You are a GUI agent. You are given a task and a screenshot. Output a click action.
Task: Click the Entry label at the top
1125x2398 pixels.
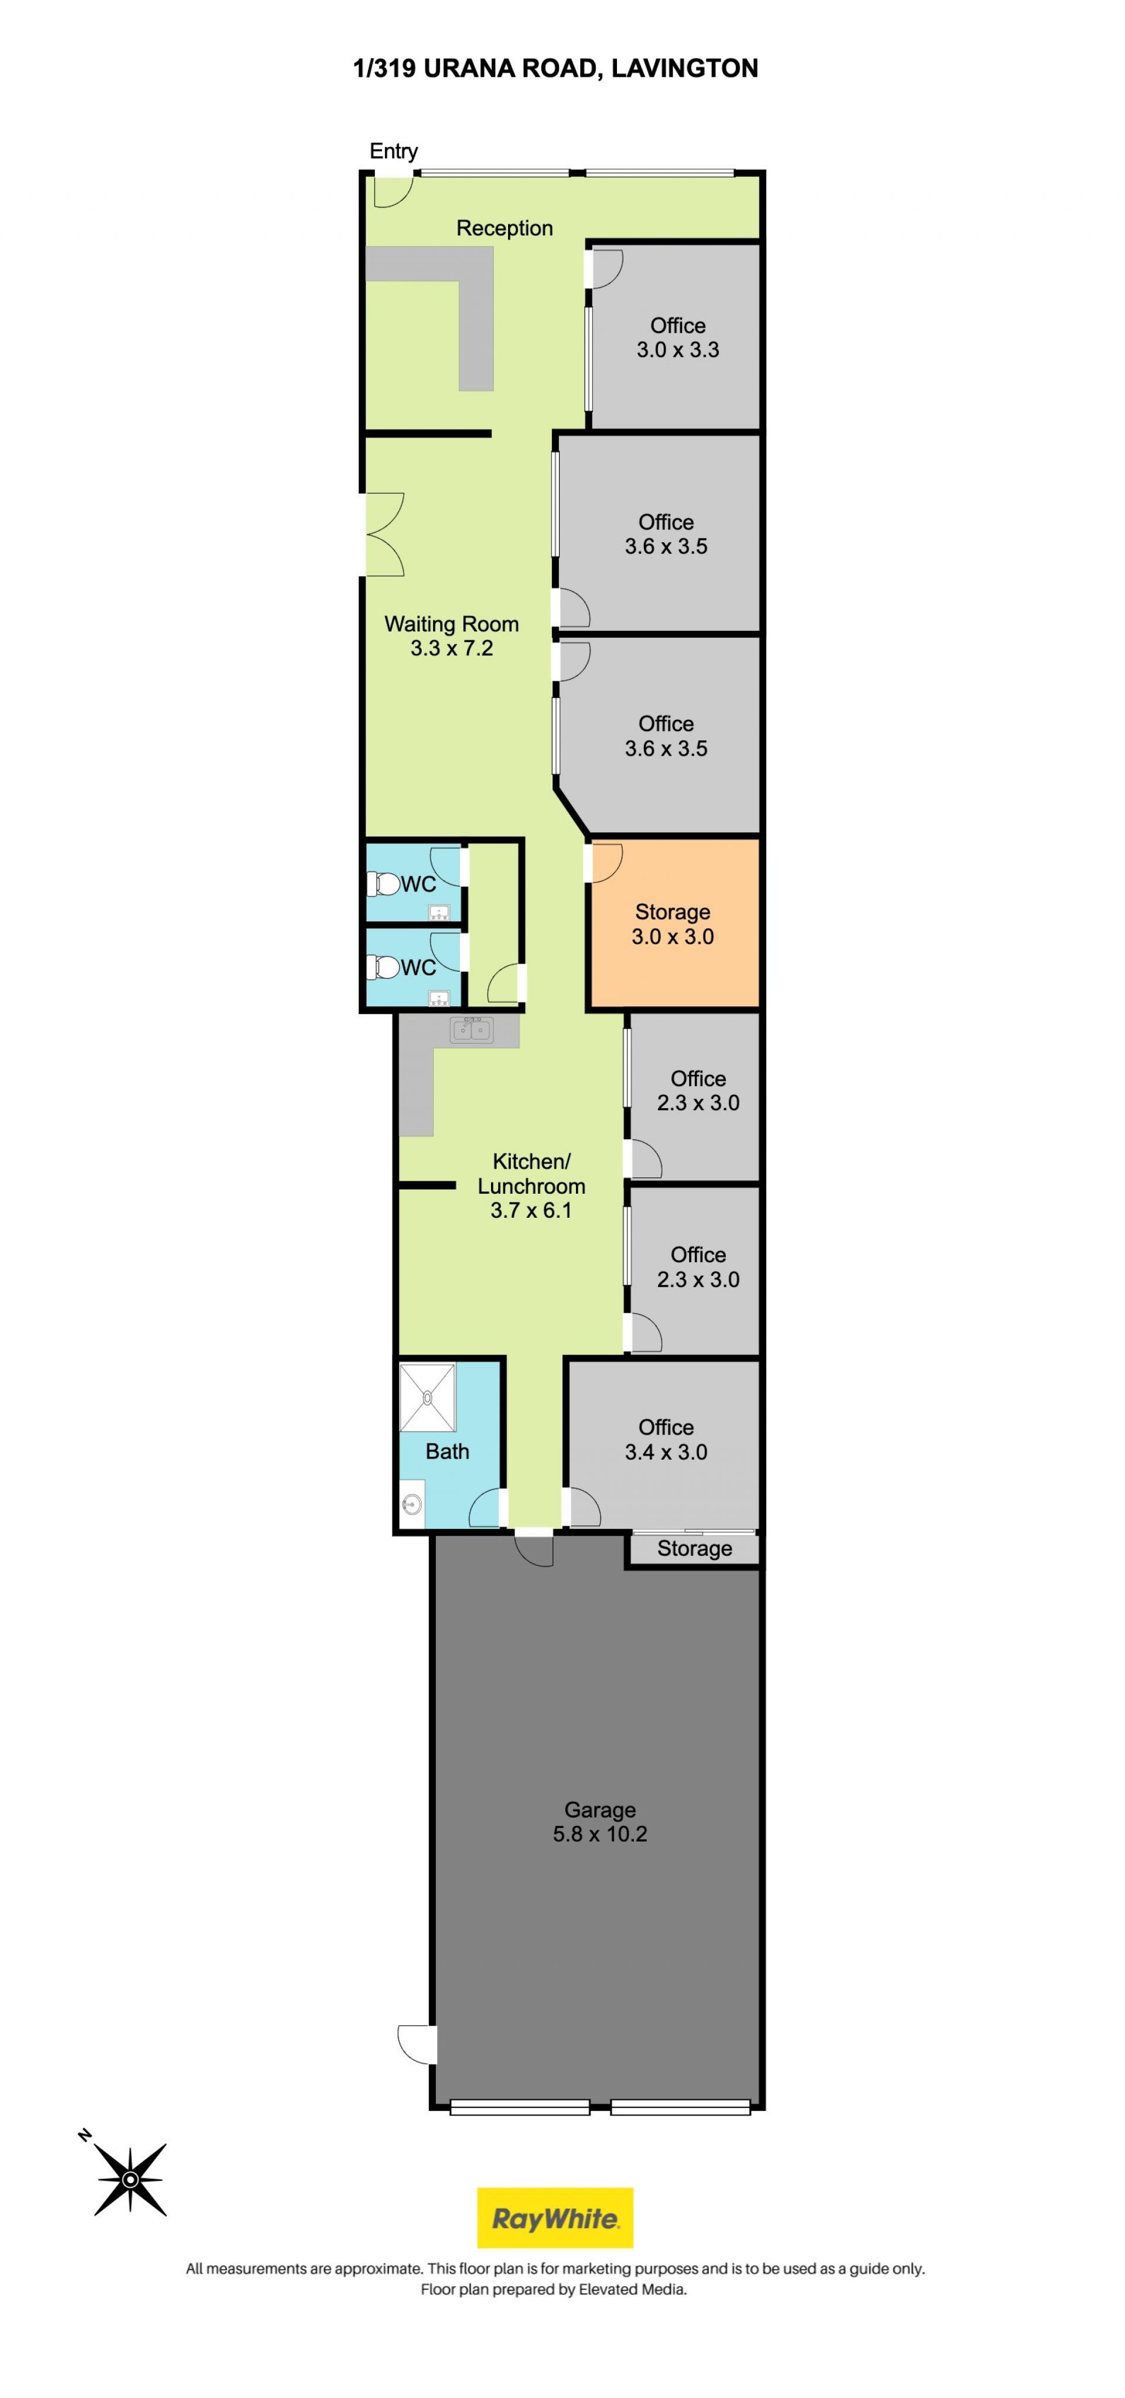click(x=393, y=151)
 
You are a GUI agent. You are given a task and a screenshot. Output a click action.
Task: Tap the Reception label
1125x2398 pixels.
click(x=504, y=228)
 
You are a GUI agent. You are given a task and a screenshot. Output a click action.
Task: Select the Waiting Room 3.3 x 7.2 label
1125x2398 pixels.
click(x=452, y=636)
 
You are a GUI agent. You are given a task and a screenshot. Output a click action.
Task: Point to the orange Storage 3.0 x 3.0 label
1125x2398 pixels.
click(x=673, y=924)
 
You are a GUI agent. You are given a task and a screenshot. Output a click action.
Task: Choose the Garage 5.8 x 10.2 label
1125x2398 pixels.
click(x=600, y=1822)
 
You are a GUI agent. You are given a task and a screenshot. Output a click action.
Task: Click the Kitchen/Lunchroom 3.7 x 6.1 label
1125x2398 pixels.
click(x=531, y=1185)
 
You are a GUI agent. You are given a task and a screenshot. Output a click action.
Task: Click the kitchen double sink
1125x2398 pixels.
click(x=471, y=1030)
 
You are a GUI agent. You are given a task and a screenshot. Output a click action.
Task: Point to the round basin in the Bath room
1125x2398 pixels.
click(x=412, y=1504)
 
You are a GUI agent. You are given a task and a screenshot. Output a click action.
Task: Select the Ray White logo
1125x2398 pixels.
click(x=555, y=2218)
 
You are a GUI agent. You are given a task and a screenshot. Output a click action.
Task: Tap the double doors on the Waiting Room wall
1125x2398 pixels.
click(x=384, y=534)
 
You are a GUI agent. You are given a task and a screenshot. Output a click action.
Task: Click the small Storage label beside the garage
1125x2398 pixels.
click(x=695, y=1548)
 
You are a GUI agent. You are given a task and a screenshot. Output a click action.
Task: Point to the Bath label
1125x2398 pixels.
click(x=447, y=1451)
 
